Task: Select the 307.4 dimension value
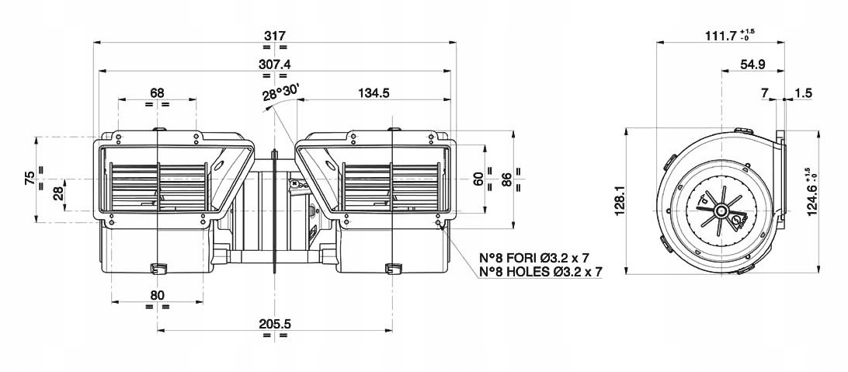tap(276, 64)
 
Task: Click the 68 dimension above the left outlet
tap(157, 93)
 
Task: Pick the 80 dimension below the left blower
tap(157, 294)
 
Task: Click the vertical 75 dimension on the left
tap(29, 179)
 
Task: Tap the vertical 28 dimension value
tap(58, 193)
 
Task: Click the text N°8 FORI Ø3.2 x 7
tap(540, 256)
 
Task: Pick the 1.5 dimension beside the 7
tap(803, 93)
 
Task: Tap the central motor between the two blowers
tap(276, 206)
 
